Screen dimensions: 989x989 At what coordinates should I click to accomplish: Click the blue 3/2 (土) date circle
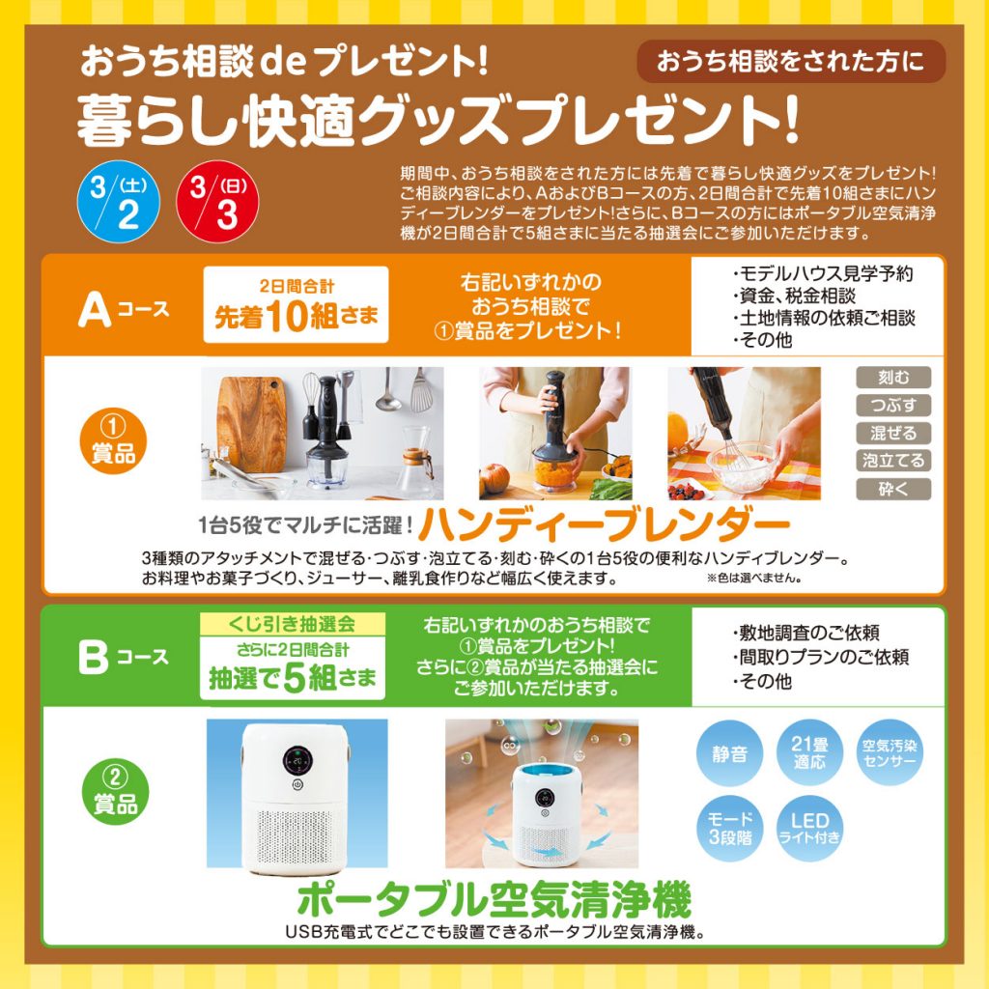point(119,202)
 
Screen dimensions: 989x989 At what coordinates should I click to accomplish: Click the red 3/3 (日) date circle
point(217,202)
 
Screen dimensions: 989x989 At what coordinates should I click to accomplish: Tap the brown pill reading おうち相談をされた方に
point(791,62)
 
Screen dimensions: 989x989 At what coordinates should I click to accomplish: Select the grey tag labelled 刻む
point(893,378)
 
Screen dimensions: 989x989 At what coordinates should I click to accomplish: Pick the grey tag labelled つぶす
point(893,405)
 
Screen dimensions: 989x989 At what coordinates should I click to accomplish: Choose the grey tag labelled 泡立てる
point(893,461)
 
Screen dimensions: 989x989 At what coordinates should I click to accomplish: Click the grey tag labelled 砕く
point(893,489)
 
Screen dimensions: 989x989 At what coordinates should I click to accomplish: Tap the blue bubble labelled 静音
point(730,753)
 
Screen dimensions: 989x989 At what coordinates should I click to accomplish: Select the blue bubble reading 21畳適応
point(809,753)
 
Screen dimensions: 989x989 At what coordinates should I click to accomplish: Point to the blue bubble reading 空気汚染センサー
point(890,753)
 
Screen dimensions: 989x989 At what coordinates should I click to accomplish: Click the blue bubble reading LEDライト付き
point(809,829)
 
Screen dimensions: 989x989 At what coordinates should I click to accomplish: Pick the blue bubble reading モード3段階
point(730,829)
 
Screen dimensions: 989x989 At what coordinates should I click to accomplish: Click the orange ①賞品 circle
point(114,440)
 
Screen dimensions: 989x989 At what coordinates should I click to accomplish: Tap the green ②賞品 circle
point(116,792)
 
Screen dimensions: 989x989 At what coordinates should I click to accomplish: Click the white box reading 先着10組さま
point(296,304)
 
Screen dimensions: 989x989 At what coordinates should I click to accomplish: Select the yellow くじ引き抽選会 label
point(292,624)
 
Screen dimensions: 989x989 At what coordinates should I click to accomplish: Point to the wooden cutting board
point(252,423)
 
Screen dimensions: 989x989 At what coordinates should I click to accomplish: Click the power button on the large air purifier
point(297,785)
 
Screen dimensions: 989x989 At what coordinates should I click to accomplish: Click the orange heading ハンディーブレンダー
point(605,524)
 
